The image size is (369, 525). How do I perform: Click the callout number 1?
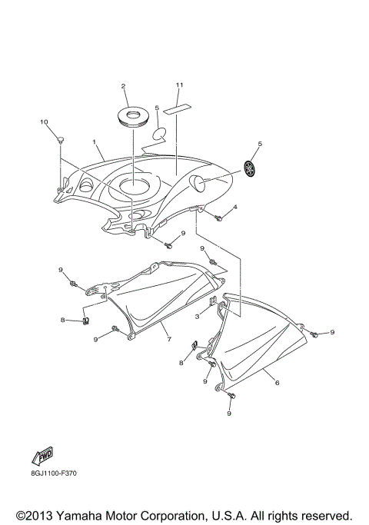point(95,142)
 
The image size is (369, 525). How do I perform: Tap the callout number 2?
point(123,86)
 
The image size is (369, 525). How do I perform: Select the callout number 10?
point(44,123)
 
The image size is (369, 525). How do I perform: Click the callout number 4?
point(235,208)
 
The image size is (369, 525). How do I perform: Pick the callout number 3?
point(197,316)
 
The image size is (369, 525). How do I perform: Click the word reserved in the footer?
point(325,514)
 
